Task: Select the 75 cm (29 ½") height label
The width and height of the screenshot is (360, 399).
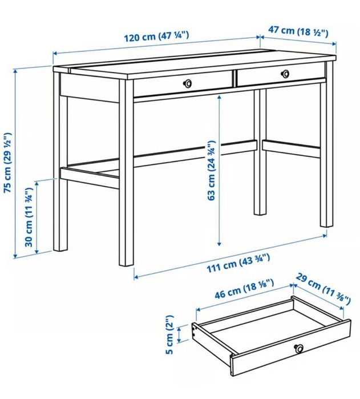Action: (x=8, y=163)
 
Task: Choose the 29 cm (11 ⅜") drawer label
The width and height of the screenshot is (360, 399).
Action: (x=323, y=291)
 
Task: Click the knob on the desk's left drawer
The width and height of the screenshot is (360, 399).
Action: (x=187, y=83)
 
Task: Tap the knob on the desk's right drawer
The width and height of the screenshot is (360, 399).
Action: (x=285, y=73)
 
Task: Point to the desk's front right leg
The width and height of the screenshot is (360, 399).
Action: (x=326, y=154)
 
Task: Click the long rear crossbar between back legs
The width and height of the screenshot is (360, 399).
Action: (x=194, y=153)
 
